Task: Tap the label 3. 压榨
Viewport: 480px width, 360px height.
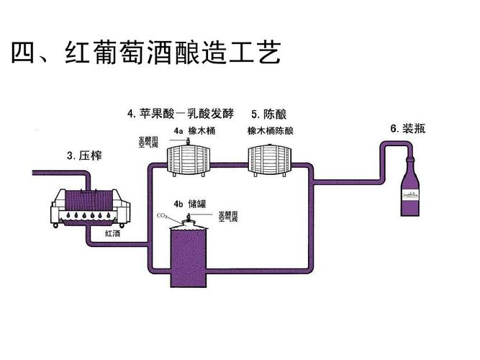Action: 82,155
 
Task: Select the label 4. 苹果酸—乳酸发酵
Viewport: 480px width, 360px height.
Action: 181,114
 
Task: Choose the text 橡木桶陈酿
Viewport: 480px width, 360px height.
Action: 271,131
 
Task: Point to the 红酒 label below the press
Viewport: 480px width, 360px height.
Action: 113,234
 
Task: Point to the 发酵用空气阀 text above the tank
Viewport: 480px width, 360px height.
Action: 229,215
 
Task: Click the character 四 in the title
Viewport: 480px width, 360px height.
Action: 24,55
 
